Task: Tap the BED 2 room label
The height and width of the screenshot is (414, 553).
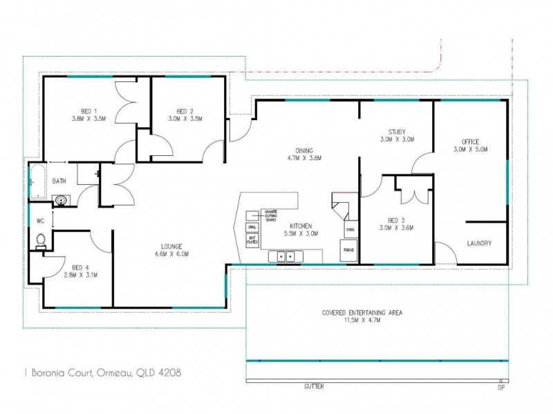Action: tap(184, 111)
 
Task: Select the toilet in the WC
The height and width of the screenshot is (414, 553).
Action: tap(41, 241)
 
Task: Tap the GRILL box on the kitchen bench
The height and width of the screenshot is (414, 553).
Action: tap(252, 226)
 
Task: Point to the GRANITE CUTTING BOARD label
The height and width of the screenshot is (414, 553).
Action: tap(269, 216)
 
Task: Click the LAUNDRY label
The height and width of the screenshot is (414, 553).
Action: tap(479, 243)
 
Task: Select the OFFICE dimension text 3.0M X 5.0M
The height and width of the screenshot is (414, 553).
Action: tap(471, 149)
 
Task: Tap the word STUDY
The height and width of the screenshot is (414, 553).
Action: tap(397, 132)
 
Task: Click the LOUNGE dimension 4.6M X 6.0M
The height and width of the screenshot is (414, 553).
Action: tap(171, 254)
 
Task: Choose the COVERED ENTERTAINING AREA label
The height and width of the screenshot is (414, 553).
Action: tap(362, 313)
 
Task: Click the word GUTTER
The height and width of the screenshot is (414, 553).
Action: tap(313, 386)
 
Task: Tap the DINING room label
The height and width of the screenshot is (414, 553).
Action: tap(304, 150)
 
